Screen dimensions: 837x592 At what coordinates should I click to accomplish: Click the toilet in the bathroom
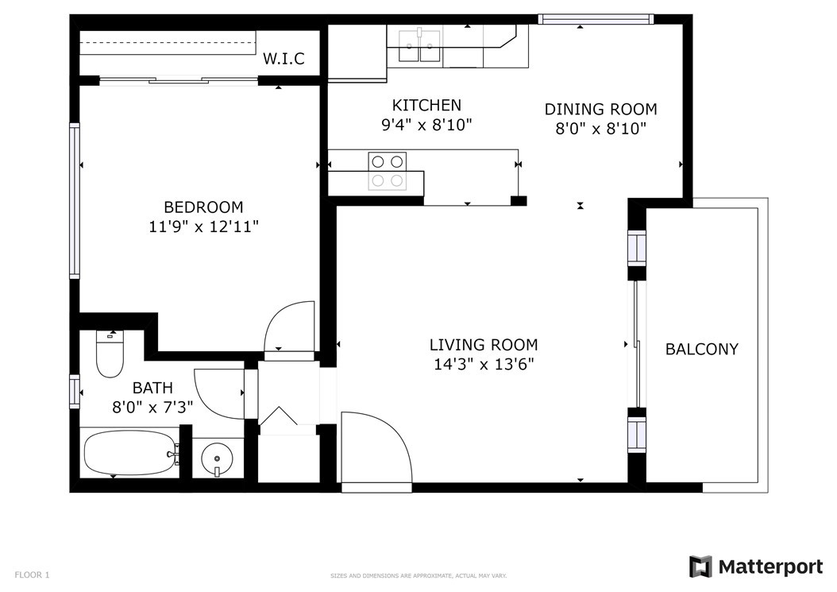point(110,354)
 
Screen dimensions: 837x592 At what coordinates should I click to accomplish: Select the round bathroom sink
point(217,459)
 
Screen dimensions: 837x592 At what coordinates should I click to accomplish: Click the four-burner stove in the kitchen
point(387,171)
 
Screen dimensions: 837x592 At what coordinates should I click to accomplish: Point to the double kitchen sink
point(420,45)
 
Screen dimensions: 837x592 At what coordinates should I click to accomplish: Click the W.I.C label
point(283,58)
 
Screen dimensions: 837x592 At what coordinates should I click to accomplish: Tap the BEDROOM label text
point(203,207)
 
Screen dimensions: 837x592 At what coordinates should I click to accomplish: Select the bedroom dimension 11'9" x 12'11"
point(203,226)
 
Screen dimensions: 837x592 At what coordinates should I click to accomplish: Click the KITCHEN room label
point(426,105)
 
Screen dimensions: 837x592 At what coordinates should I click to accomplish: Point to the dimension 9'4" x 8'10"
point(426,125)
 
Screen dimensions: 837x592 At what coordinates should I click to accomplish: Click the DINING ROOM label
point(600,109)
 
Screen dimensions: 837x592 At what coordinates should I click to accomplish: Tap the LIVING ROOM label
point(484,345)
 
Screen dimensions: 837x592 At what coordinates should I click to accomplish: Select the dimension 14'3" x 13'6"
point(484,365)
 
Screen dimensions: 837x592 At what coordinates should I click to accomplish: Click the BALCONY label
point(701,349)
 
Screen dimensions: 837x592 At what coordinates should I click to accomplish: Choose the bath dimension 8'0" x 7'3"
point(152,408)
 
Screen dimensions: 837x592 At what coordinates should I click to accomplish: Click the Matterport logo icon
point(700,567)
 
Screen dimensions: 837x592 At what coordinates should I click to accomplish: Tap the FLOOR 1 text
point(32,575)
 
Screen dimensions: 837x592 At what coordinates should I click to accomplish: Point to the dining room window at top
point(596,19)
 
